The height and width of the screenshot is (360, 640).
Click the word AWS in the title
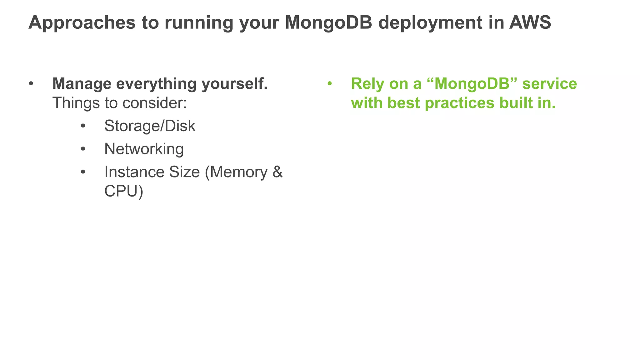click(530, 22)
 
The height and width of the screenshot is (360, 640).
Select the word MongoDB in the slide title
click(328, 22)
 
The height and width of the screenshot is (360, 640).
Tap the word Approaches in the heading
click(82, 22)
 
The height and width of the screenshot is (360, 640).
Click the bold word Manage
click(82, 84)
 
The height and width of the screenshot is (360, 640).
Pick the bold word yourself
click(234, 84)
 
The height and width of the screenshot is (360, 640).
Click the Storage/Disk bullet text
click(150, 126)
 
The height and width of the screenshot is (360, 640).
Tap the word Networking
click(144, 149)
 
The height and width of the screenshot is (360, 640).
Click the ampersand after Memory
click(277, 172)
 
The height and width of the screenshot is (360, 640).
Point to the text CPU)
click(124, 191)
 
